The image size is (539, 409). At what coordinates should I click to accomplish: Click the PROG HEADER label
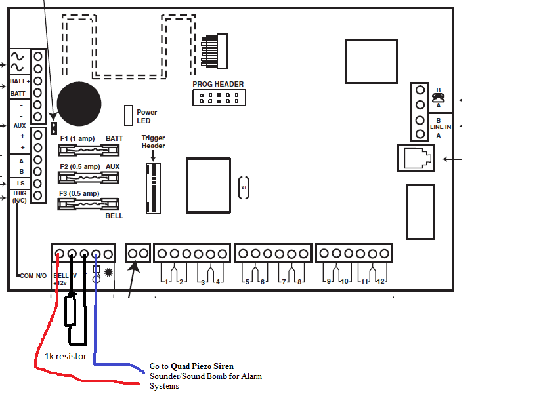click(218, 84)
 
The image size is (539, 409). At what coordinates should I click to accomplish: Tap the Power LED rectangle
click(129, 115)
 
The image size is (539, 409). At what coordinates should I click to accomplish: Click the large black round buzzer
click(79, 104)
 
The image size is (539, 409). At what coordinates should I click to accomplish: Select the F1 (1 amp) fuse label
click(77, 139)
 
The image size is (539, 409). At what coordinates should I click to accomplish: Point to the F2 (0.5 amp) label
click(80, 166)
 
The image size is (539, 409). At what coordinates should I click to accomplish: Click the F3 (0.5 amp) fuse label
click(79, 194)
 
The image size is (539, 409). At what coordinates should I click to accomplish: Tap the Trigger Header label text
click(153, 142)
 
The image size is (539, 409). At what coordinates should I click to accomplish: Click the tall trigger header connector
click(153, 188)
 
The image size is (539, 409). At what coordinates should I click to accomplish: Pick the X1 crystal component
click(244, 187)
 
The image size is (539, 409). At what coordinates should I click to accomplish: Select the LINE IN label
click(441, 127)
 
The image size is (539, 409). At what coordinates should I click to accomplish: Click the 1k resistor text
click(65, 357)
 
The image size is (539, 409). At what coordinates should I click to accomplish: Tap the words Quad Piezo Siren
click(202, 366)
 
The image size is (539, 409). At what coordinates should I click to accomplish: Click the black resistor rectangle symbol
click(71, 310)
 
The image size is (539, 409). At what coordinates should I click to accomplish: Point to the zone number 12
click(380, 281)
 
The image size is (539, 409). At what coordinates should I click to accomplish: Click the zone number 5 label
click(248, 281)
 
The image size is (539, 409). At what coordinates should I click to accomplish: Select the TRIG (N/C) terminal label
click(19, 196)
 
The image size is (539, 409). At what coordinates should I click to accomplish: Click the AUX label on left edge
click(20, 125)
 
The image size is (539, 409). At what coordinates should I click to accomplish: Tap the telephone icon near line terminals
click(439, 97)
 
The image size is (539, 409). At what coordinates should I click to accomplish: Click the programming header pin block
click(218, 98)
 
